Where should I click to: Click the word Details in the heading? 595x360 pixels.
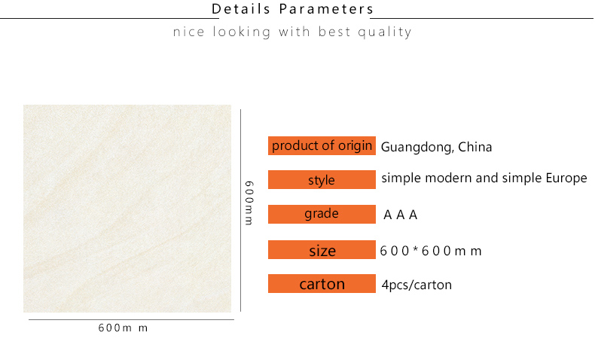click(240, 9)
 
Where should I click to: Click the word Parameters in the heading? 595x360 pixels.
click(326, 9)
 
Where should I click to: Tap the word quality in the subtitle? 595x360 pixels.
click(385, 32)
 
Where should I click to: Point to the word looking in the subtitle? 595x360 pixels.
click(242, 32)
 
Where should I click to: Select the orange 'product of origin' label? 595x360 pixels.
click(322, 145)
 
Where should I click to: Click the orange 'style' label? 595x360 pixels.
click(322, 179)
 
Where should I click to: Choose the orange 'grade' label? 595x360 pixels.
click(322, 214)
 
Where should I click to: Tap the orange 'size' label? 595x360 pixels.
click(322, 249)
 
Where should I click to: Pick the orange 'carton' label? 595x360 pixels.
click(322, 283)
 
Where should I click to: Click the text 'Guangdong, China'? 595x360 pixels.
click(436, 147)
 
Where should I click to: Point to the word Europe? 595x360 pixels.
click(566, 178)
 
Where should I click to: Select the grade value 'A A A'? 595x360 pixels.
click(401, 215)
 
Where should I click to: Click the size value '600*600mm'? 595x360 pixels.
click(431, 251)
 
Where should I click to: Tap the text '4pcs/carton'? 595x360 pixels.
click(416, 285)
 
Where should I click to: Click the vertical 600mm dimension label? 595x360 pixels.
click(249, 203)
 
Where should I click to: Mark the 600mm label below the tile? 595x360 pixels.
click(123, 328)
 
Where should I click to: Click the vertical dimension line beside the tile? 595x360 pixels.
click(240, 211)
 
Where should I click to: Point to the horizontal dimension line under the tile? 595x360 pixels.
click(131, 319)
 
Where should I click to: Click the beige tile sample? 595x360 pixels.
click(127, 209)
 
